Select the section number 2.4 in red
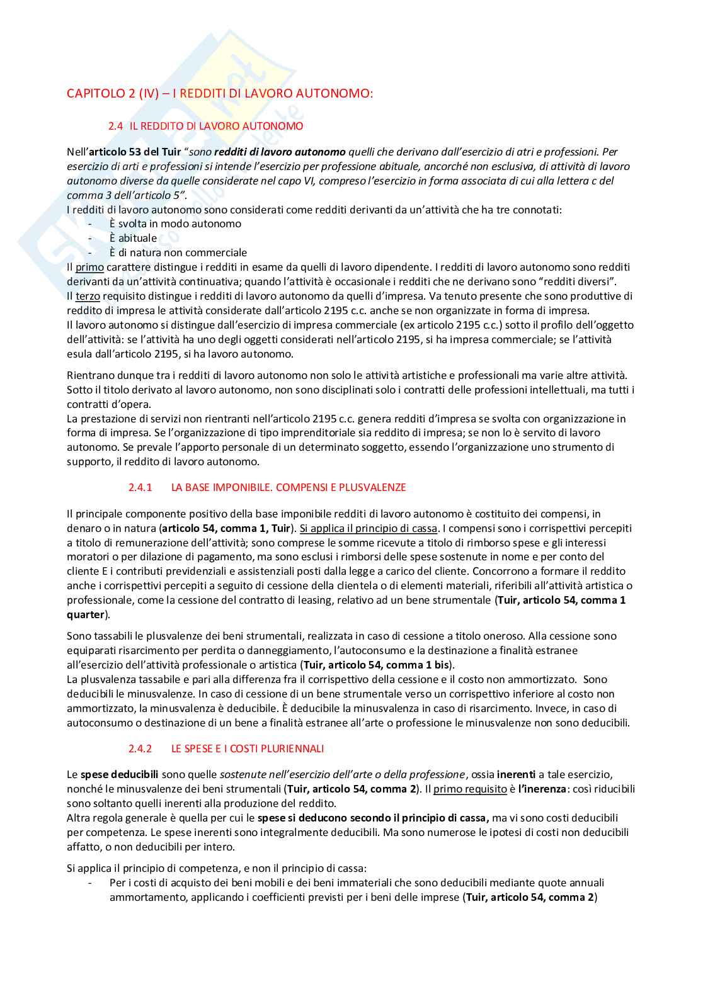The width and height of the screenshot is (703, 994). tap(115, 126)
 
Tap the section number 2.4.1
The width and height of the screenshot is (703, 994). tap(140, 487)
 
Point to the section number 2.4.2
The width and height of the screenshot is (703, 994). tap(140, 748)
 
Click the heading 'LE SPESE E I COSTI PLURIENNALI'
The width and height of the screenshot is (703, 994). tap(248, 748)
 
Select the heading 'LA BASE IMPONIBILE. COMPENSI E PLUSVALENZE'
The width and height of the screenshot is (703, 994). tap(289, 487)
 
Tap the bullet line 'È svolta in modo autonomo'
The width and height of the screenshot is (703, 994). tap(175, 224)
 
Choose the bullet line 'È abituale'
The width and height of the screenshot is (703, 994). tap(133, 239)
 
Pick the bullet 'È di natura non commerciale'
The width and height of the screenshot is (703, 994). tap(178, 253)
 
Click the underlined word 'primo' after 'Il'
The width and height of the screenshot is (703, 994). tap(89, 268)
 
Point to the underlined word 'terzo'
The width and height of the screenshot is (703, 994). tap(88, 297)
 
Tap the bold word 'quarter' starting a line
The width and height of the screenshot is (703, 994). tap(86, 615)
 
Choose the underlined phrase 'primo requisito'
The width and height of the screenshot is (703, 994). tap(470, 789)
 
